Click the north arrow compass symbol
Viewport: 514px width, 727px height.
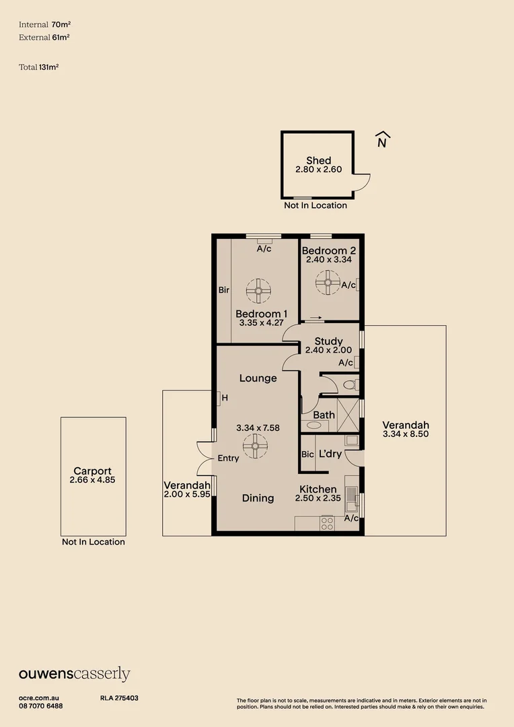[381, 139]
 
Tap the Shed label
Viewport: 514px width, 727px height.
[318, 160]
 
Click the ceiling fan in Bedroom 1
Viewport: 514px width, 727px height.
[258, 291]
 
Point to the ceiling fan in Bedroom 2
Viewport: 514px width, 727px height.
[328, 283]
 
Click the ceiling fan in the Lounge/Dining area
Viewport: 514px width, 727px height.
[256, 446]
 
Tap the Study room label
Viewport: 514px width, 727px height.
[328, 341]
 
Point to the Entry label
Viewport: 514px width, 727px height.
[229, 458]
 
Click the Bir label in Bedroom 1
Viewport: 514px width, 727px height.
[224, 290]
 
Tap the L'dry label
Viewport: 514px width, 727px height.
[330, 454]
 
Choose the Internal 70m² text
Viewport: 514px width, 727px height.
[44, 24]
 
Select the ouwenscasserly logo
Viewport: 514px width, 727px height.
[74, 674]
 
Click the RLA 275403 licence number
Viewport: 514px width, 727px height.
[119, 699]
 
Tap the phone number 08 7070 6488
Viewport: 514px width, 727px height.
[41, 706]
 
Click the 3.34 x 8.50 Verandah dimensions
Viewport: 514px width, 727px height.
[405, 434]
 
